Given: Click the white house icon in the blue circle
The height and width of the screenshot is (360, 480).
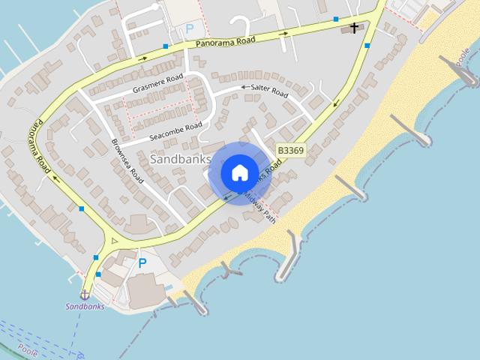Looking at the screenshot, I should point(239,172).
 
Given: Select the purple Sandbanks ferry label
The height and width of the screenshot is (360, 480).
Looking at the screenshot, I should point(85,306).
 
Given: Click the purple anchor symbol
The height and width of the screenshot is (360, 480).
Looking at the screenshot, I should point(85,295).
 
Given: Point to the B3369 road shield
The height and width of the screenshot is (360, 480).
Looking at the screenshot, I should point(290,150).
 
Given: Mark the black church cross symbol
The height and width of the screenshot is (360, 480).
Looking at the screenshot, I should point(354,28).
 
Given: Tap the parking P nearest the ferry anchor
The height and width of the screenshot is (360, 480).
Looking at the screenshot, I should point(142,263).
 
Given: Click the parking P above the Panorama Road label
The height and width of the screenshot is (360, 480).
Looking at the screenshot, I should point(190,28).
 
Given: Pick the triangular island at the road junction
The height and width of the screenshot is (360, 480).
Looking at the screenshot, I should point(114,242).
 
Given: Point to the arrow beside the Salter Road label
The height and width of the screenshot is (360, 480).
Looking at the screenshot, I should point(244,88).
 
